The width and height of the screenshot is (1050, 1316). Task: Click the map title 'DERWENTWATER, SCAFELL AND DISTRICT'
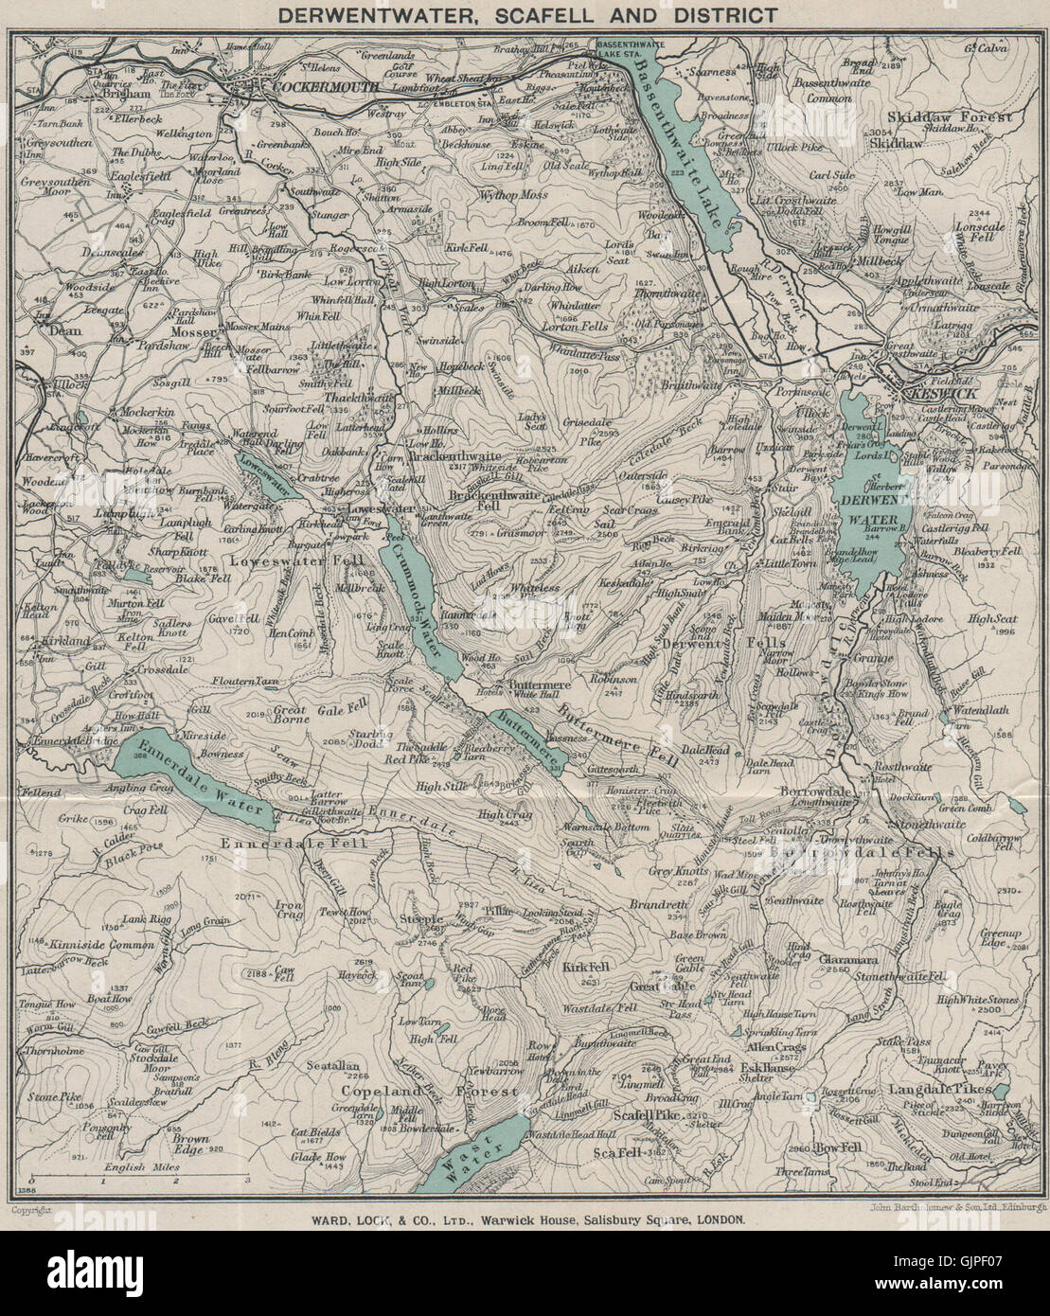pos(524,15)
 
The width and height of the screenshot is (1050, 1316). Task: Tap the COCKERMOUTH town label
pos(311,86)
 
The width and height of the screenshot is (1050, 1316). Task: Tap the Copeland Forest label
pos(431,1092)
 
